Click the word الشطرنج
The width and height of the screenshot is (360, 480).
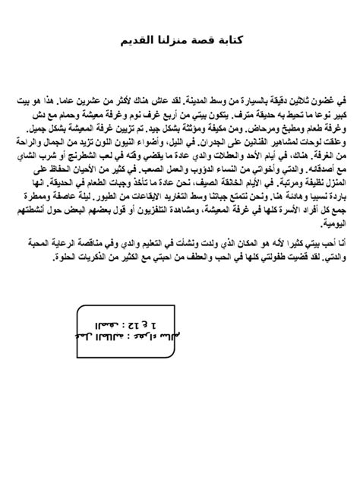point(90,154)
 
